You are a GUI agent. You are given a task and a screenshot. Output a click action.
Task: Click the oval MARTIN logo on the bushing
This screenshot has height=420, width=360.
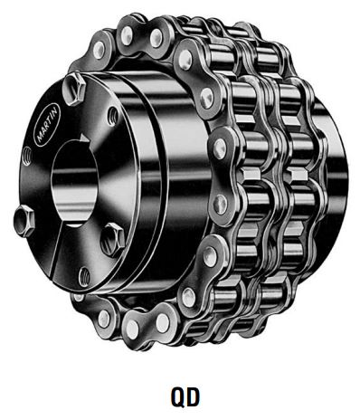pyautogui.click(x=48, y=124)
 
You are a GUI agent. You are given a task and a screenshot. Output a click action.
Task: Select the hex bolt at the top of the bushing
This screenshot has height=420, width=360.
pyautogui.click(x=74, y=89)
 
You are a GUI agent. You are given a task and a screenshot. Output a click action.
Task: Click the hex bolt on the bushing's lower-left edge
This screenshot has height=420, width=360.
pyautogui.click(x=24, y=221)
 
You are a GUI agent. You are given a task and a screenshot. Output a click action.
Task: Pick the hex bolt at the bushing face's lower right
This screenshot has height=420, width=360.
pyautogui.click(x=113, y=239)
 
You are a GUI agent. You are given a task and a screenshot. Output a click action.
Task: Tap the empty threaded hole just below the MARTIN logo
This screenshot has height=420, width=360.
pyautogui.click(x=28, y=156)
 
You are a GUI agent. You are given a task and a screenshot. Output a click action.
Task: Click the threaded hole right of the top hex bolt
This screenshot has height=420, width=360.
pyautogui.click(x=113, y=116)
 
